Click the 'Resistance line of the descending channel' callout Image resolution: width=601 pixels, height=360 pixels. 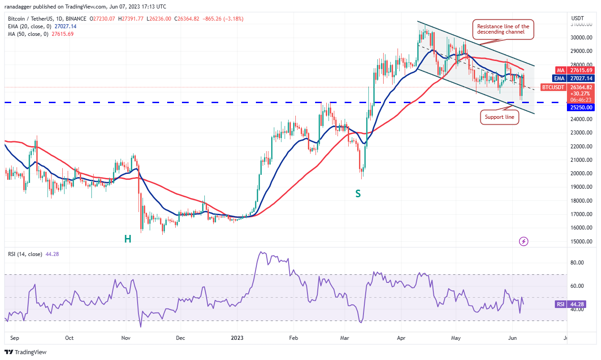coord(503,30)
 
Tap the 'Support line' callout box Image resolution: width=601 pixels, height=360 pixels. coord(499,117)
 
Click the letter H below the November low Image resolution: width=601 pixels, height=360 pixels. coord(128,239)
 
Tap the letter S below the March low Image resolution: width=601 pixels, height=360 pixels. coord(358,194)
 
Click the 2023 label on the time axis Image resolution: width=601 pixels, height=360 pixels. coord(237,338)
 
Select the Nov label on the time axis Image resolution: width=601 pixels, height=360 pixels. coord(125,338)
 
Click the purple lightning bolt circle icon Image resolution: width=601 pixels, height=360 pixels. coord(523,242)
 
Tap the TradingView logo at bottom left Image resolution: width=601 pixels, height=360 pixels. coord(26,352)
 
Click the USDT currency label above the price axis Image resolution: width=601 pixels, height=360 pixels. coord(578,18)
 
